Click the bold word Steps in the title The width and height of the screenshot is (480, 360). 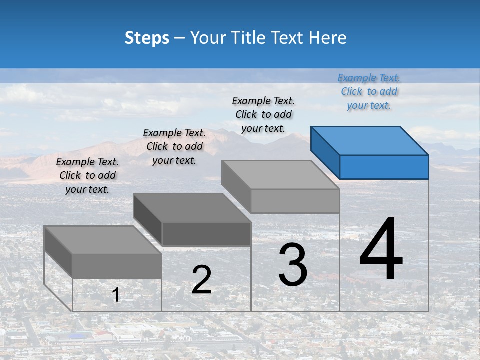pyautogui.click(x=147, y=38)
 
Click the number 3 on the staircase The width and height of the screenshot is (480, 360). pyautogui.click(x=293, y=264)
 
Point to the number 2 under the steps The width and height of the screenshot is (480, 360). pyautogui.click(x=201, y=280)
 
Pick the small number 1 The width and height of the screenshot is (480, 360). pyautogui.click(x=116, y=295)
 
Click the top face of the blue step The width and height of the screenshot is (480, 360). pyautogui.click(x=369, y=141)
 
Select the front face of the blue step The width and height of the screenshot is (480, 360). pyautogui.click(x=384, y=167)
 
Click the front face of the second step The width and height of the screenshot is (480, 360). pyautogui.click(x=206, y=234)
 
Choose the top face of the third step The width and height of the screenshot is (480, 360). pyautogui.click(x=280, y=175)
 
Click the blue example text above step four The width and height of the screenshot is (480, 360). pyautogui.click(x=369, y=91)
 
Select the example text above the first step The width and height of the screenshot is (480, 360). pyautogui.click(x=87, y=175)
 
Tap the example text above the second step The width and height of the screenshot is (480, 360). pyautogui.click(x=174, y=146)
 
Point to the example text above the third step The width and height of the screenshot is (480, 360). pyautogui.click(x=263, y=114)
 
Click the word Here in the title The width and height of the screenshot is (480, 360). pyautogui.click(x=327, y=38)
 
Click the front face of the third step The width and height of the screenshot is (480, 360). pyautogui.click(x=295, y=201)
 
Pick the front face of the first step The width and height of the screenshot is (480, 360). pyautogui.click(x=117, y=266)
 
